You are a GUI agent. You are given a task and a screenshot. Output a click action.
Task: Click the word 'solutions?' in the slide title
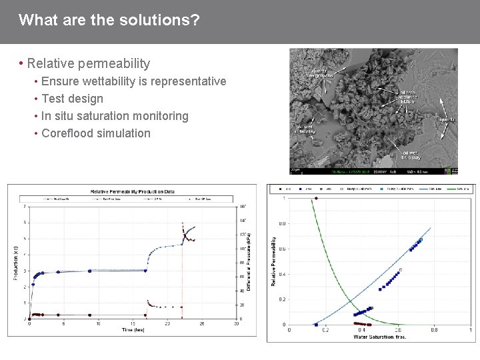tap(167, 20)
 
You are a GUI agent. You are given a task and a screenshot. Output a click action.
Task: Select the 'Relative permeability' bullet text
tap(89, 64)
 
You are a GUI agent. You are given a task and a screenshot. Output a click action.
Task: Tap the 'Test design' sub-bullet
tap(72, 99)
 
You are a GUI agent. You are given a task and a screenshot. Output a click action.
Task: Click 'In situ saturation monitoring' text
tap(115, 116)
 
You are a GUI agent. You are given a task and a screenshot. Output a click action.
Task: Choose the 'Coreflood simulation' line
tap(96, 133)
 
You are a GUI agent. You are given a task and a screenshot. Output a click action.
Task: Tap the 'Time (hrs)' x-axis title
tap(133, 329)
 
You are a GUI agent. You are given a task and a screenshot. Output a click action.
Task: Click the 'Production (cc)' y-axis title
tap(15, 262)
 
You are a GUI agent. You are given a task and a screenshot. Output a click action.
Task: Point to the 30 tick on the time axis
tap(237, 324)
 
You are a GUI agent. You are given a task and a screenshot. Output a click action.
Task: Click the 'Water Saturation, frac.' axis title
tap(380, 337)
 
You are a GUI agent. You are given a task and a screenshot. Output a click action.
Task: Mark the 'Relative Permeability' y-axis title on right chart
tap(273, 260)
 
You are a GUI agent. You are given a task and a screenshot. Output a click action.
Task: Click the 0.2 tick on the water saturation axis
tap(325, 330)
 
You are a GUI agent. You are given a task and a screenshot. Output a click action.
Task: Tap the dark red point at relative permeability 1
tap(316, 198)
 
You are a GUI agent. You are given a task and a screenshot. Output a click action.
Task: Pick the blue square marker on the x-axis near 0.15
tap(316, 325)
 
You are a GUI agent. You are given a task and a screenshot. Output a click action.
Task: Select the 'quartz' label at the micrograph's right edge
tap(449, 121)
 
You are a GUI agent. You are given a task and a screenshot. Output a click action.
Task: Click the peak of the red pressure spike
tap(182, 223)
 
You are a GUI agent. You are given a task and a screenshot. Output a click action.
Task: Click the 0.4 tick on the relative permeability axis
tap(283, 274)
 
